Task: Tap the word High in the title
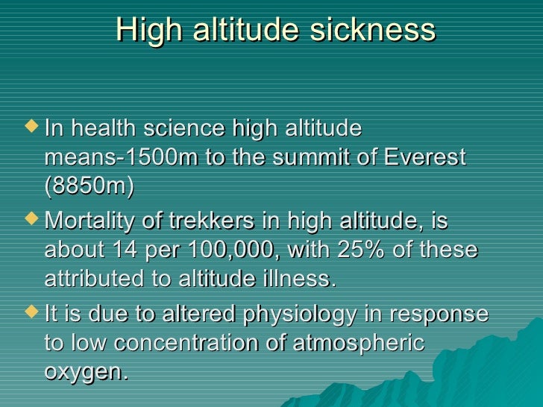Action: pyautogui.click(x=145, y=31)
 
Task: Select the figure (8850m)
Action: pyautogui.click(x=90, y=187)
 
